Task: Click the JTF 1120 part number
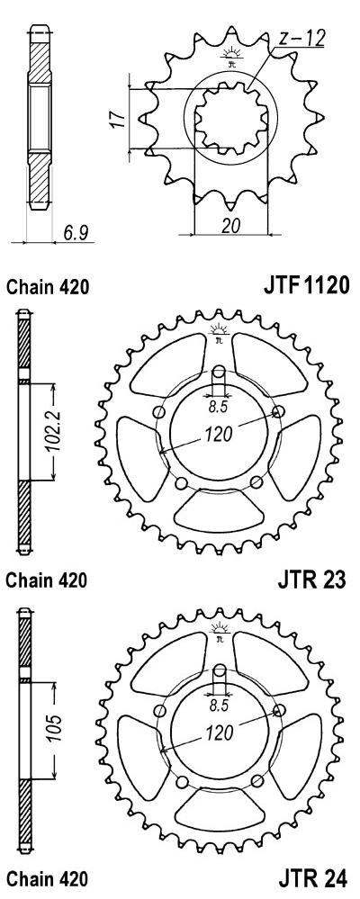click(306, 284)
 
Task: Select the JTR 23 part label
click(312, 580)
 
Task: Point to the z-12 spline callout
click(301, 39)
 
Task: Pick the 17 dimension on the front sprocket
click(119, 119)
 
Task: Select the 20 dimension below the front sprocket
click(231, 226)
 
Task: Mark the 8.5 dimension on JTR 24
click(220, 706)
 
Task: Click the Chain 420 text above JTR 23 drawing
click(48, 286)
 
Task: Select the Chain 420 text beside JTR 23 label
click(47, 580)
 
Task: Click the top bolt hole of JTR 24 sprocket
click(220, 670)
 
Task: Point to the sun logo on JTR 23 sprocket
click(220, 333)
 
